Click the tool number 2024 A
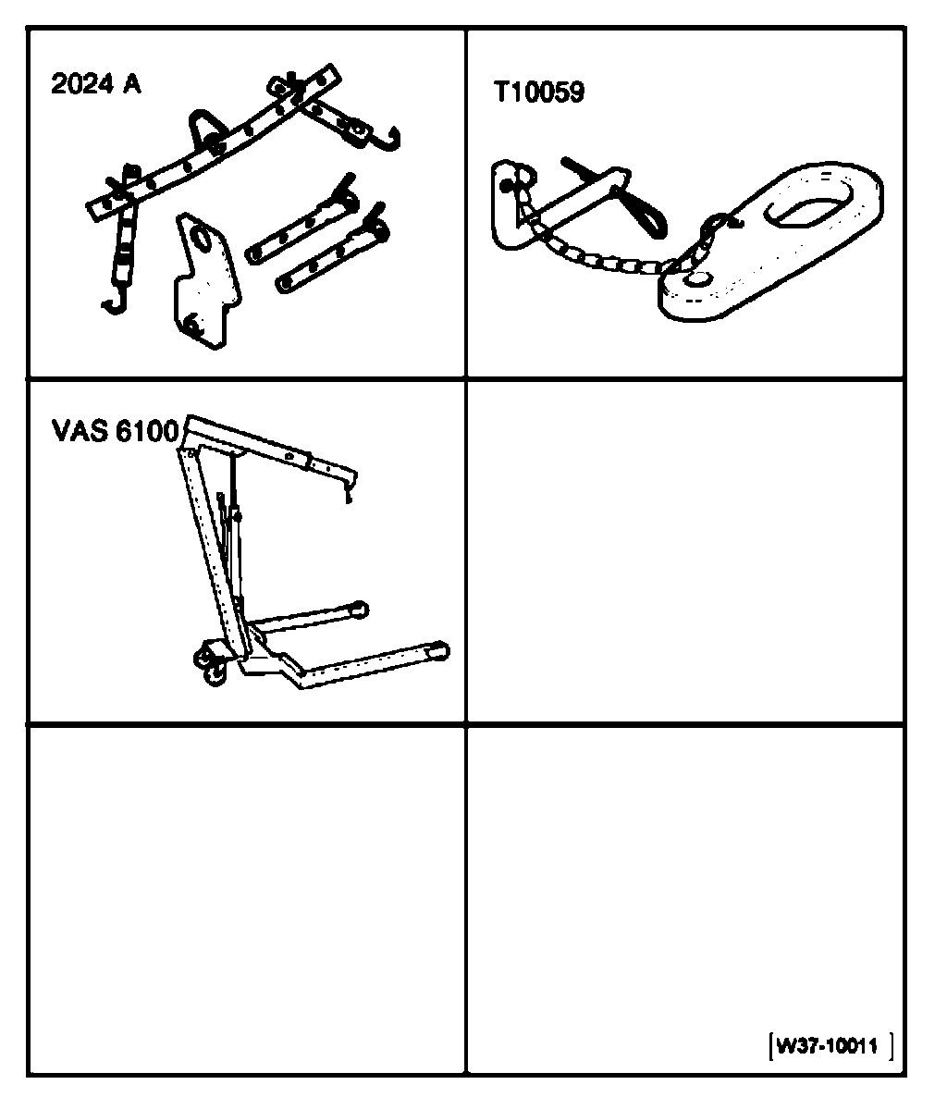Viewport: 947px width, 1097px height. pyautogui.click(x=96, y=86)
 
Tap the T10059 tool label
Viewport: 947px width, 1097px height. pyautogui.click(x=538, y=93)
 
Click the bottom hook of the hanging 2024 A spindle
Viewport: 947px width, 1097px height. pyautogui.click(x=114, y=302)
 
